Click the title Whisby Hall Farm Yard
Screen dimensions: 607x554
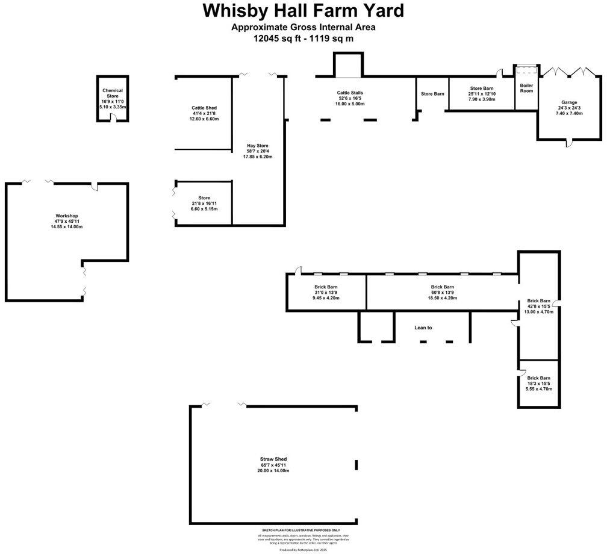[x=303, y=11]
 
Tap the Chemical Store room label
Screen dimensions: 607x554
[x=112, y=93]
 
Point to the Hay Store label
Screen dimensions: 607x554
[x=257, y=145]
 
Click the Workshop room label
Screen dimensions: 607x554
[x=66, y=216]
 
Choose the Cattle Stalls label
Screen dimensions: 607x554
[x=349, y=93]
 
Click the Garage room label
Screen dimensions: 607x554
[x=568, y=102]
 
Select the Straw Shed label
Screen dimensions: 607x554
[x=273, y=459]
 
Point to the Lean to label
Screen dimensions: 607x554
[x=423, y=328]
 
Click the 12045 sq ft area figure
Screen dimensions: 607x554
[x=279, y=39]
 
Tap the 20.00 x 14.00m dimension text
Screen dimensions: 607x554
[x=273, y=470]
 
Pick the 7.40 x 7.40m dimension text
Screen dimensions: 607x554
[x=568, y=114]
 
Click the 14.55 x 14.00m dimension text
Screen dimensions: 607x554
[x=66, y=227]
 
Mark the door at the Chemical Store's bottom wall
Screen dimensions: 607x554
[x=113, y=119]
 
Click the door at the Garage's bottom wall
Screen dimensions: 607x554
[x=568, y=142]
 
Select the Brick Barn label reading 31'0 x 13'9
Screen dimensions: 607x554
[x=325, y=287]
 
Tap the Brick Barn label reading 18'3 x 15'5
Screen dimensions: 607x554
[x=538, y=378]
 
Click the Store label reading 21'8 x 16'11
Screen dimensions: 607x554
[x=204, y=198]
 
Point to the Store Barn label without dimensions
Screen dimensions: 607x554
[x=432, y=94]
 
